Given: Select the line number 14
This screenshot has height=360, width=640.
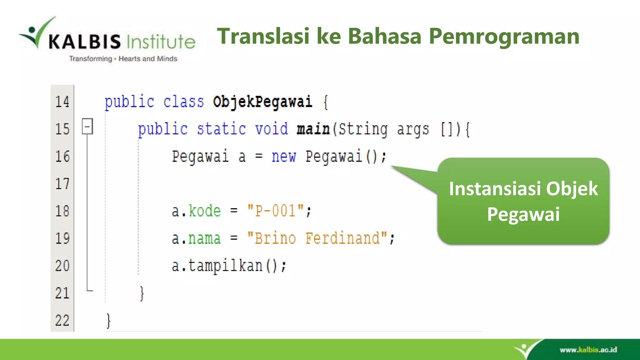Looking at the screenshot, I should click(x=62, y=102).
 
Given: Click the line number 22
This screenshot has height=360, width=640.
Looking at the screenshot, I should click(x=62, y=321).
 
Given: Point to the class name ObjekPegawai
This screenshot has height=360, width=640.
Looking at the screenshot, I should click(x=262, y=102).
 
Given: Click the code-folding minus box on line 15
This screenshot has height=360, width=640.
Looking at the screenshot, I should click(x=87, y=126).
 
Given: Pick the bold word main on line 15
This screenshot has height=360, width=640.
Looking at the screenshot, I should click(x=313, y=129).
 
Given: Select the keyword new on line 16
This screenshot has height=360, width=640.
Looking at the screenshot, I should click(x=283, y=156).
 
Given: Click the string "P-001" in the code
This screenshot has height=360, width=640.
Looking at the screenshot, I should click(x=275, y=211).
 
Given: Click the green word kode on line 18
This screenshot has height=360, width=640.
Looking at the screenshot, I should click(x=205, y=211).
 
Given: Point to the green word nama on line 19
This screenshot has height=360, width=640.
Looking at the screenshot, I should click(x=204, y=239).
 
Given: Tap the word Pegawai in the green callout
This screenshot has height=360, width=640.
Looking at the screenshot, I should click(x=523, y=214).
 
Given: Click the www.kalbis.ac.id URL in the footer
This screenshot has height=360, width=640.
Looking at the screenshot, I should click(x=588, y=350).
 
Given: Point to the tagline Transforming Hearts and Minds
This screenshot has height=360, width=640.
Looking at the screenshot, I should click(x=123, y=59).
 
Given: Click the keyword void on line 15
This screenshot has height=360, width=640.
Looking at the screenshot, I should click(x=271, y=129).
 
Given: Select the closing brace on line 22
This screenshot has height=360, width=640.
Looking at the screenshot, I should click(x=108, y=321).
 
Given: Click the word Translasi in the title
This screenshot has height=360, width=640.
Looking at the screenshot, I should click(x=263, y=36).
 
